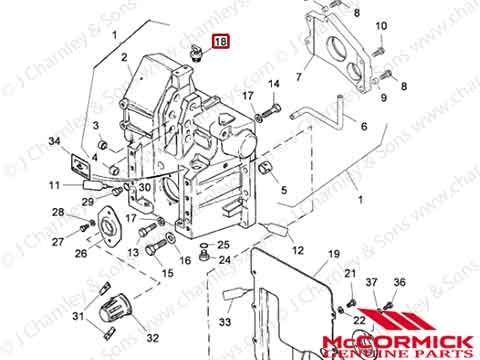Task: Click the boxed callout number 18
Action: pos(219,41)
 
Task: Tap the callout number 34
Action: pos(54,142)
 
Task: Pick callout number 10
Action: pos(380,25)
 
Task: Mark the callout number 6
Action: pos(364,127)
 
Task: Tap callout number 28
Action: pos(58,211)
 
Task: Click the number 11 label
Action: pos(55,186)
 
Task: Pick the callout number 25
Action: pos(224,245)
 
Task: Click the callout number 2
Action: pos(126,58)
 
